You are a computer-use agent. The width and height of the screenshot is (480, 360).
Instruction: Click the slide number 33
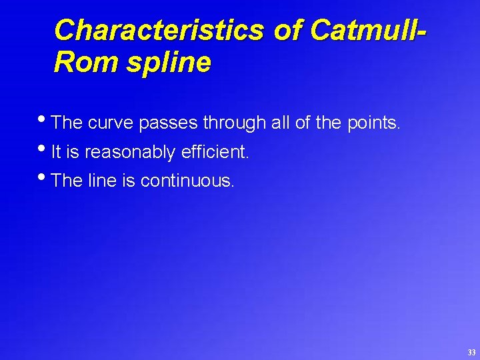(471, 352)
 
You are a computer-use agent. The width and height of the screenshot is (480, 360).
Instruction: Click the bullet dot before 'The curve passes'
(45, 119)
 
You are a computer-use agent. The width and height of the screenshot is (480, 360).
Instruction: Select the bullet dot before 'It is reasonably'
(45, 149)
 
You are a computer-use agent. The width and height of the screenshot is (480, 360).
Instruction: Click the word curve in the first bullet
(111, 123)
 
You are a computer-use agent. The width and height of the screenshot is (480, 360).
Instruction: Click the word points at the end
(374, 123)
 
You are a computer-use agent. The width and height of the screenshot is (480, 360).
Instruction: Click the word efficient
(214, 152)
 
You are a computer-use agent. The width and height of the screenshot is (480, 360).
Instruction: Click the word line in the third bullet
(103, 181)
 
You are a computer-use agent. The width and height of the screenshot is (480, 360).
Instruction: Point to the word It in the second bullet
(56, 152)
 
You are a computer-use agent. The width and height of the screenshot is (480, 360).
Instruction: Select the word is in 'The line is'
(129, 181)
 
